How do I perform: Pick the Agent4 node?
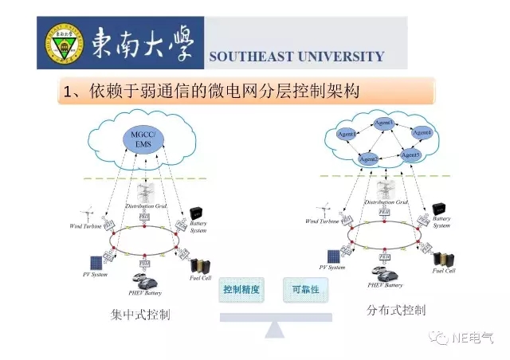point(422,132)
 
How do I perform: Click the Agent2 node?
point(368,160)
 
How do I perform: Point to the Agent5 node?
point(410,154)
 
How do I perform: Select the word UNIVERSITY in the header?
point(339,57)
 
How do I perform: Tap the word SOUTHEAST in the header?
point(249,57)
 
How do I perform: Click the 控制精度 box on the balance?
point(240,290)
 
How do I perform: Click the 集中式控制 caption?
point(140,314)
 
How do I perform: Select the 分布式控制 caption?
point(396,309)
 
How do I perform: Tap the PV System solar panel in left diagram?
point(96,262)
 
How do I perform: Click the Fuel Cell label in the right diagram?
point(444,271)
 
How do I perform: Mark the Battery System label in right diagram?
point(441,222)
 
